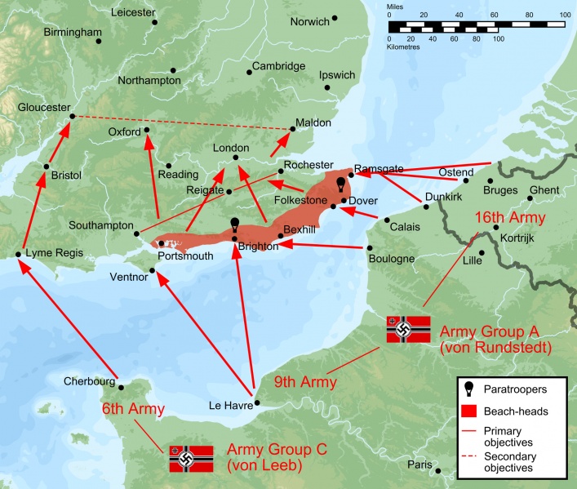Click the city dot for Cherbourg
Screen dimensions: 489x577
pyautogui.click(x=120, y=388)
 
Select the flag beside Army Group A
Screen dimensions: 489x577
pyautogui.click(x=409, y=329)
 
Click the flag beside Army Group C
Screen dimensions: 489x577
pyautogui.click(x=191, y=459)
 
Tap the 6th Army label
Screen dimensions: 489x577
pyautogui.click(x=132, y=409)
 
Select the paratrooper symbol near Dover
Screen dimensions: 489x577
pyautogui.click(x=340, y=184)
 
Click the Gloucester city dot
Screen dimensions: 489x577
pyautogui.click(x=72, y=116)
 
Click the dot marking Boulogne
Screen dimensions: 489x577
pyautogui.click(x=370, y=248)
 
